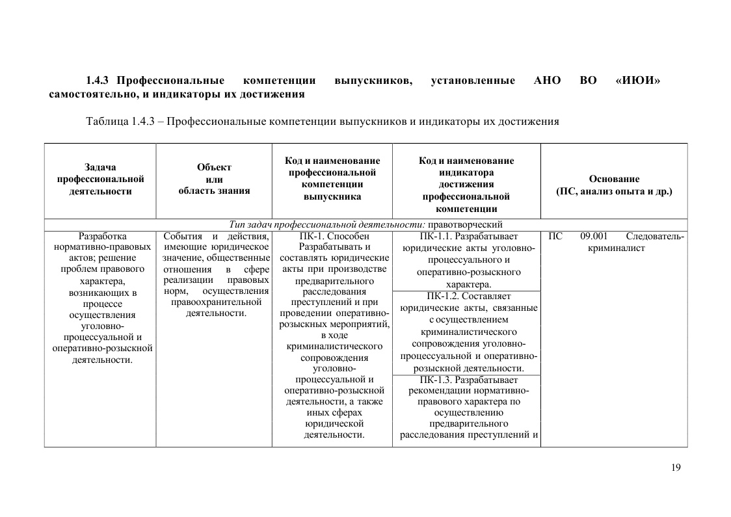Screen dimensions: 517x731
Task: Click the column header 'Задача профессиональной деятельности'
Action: point(100,179)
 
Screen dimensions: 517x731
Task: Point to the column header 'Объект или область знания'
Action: point(214,179)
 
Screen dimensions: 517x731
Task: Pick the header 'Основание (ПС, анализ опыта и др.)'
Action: point(614,185)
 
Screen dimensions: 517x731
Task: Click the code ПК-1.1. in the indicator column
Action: point(436,237)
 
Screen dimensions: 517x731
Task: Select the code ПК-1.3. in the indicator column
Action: point(436,380)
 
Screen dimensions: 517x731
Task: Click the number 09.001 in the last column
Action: point(594,237)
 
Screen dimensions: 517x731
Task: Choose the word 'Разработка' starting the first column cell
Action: point(102,237)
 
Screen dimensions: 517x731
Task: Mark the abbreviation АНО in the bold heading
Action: point(547,81)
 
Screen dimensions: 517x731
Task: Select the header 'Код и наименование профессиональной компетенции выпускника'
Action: point(333,179)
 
